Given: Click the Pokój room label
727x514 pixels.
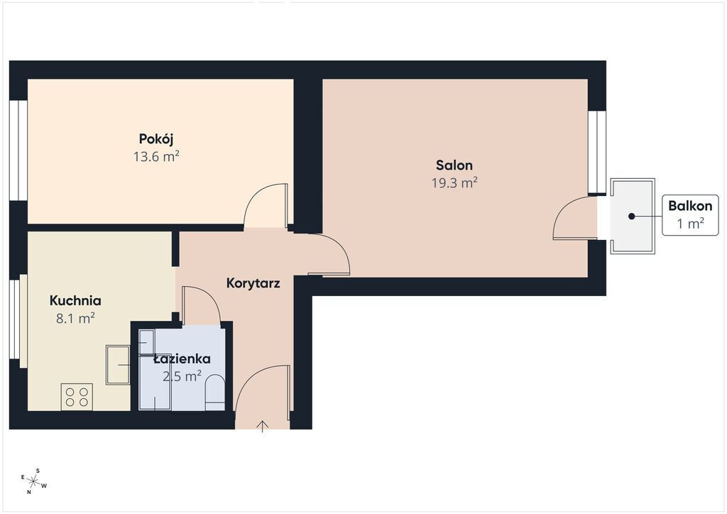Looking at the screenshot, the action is (156, 139).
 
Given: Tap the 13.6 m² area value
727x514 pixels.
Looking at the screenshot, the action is (156, 157).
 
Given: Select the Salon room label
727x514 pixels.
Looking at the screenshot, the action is (454, 165).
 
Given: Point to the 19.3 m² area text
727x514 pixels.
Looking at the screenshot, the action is (454, 183).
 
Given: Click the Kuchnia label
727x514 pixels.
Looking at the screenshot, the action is (75, 300).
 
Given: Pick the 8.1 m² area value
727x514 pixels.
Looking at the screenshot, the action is (75, 319).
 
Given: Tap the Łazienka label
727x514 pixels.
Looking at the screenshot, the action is (182, 359).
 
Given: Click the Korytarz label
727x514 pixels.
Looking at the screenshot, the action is (253, 283).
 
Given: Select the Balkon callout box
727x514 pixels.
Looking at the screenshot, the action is (690, 215).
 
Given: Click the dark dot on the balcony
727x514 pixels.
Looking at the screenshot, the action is (631, 216).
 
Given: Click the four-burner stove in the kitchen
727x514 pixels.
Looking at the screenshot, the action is (77, 397).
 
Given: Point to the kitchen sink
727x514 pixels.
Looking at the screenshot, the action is (118, 365).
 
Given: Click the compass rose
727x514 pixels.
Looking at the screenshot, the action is (33, 481).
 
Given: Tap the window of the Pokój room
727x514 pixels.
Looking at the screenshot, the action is (18, 151).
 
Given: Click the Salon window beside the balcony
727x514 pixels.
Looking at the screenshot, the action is (597, 152).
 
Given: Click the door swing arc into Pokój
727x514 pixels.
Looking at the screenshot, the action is (265, 206).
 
